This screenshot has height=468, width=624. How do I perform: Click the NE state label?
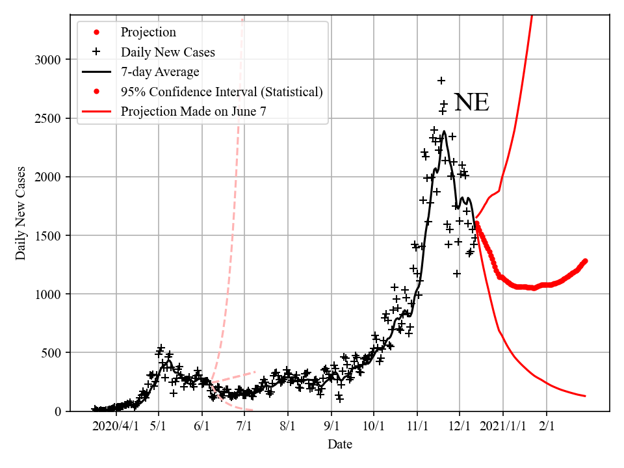click(471, 103)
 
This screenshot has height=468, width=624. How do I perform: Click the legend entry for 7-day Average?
click(160, 71)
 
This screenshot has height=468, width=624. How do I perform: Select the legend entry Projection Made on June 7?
click(193, 112)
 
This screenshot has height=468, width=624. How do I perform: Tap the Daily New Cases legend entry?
click(168, 51)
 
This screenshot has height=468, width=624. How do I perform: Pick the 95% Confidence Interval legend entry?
click(222, 92)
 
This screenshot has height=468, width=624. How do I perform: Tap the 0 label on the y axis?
click(57, 411)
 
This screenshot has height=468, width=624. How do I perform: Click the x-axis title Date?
click(340, 445)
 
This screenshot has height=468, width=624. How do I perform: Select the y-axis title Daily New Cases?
click(21, 213)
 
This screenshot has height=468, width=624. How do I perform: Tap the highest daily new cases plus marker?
click(441, 81)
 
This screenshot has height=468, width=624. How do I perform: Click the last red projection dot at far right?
click(585, 261)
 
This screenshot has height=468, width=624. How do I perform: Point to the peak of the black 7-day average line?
click(444, 132)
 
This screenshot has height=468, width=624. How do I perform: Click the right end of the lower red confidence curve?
click(585, 396)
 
